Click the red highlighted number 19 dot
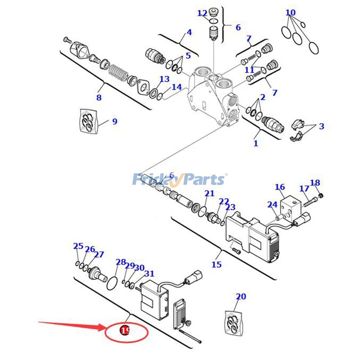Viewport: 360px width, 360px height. (125, 332)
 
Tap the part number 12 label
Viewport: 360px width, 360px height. (202, 13)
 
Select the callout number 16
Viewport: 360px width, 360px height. (280, 187)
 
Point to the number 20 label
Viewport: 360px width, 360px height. (241, 297)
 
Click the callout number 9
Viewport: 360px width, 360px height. (115, 121)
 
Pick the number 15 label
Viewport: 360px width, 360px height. (216, 265)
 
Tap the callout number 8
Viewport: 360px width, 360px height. (99, 98)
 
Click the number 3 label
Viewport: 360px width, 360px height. (321, 127)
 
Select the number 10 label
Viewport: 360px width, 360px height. (291, 13)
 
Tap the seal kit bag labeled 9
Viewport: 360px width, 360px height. (88, 121)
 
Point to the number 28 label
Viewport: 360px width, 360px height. (121, 262)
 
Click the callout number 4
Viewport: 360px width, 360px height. (189, 32)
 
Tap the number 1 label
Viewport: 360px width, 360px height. (256, 144)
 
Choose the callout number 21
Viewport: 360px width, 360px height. (209, 193)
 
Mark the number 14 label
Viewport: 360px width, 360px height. (176, 87)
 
